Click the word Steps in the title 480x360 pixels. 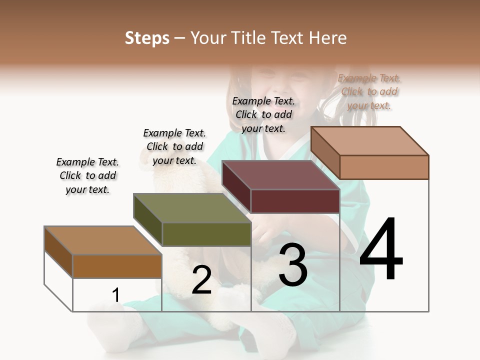147,38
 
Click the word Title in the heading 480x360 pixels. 248,38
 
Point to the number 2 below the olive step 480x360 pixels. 201,280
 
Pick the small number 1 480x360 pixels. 116,295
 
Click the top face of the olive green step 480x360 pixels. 191,208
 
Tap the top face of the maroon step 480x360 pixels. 280,175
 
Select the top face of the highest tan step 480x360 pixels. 369,140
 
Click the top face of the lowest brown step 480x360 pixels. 102,240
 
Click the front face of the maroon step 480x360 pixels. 295,201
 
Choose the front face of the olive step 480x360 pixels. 206,234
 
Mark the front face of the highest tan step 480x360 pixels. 383,167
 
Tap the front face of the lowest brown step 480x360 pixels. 117,266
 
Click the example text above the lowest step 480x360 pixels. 87,175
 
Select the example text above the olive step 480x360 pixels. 174,146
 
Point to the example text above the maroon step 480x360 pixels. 263,114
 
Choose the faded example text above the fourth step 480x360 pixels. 369,91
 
